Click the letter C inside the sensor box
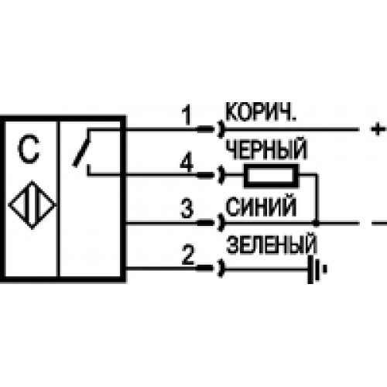point(29,149)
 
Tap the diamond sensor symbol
point(32,205)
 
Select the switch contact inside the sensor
point(82,149)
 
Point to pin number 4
point(187,163)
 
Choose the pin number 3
point(187,208)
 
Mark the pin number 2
point(188,255)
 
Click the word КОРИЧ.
point(261,113)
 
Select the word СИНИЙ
point(262,207)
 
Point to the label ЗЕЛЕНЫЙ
point(272,244)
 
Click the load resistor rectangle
point(271,176)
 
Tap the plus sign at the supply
point(378,128)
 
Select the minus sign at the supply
point(379,223)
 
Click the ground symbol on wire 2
point(317,269)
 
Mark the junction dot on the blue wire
point(316,223)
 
